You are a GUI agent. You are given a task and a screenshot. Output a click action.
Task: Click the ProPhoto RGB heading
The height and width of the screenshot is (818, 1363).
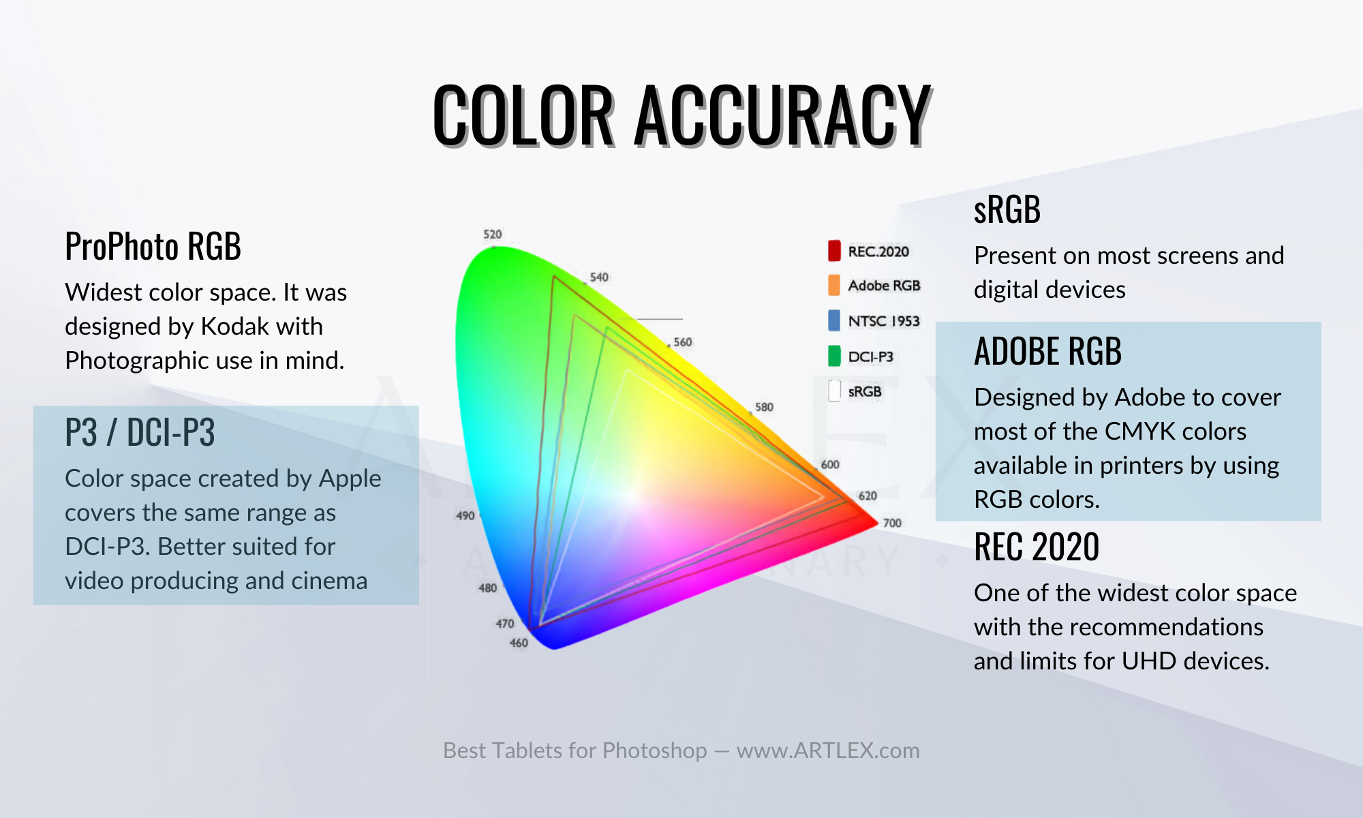153,246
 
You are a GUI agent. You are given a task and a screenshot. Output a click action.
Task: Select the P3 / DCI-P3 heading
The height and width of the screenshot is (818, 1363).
140,432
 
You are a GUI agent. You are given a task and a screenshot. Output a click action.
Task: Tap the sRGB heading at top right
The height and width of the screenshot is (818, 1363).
1007,209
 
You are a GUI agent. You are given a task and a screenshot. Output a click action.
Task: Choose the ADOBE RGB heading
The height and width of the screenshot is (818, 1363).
1047,351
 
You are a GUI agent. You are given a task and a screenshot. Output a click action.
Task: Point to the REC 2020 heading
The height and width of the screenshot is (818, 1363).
1037,547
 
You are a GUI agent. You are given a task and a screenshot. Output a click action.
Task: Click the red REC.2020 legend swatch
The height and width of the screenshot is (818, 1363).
834,251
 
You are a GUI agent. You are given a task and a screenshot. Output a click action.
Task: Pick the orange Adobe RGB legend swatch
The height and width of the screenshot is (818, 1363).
834,285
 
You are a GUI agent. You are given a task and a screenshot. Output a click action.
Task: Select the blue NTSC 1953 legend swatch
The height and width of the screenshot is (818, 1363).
834,320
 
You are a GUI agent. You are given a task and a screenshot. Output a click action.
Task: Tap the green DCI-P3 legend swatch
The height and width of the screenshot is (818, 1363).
834,356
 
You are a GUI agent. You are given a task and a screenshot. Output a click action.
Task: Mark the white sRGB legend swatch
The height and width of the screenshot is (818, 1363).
834,391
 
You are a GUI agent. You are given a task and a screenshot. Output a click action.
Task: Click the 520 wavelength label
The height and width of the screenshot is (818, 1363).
493,234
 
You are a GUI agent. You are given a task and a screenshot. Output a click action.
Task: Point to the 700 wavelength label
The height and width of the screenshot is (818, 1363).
892,523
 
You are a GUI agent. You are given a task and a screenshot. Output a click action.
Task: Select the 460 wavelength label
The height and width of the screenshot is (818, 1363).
519,643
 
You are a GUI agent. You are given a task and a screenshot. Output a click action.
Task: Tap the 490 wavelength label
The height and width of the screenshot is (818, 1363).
465,515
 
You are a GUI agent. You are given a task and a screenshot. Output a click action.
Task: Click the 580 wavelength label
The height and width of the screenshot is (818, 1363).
764,407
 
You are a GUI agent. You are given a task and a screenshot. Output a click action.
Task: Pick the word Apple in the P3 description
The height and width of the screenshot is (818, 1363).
350,479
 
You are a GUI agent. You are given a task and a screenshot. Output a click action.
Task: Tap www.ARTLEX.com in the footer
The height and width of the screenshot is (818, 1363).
828,751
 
